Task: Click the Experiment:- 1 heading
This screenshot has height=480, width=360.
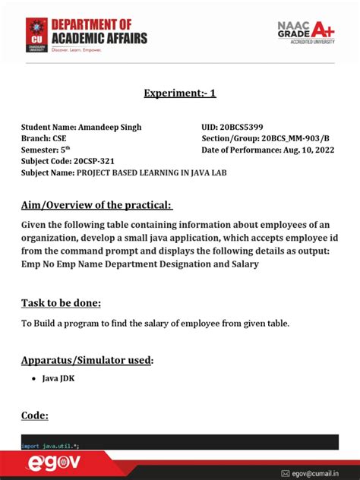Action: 180,93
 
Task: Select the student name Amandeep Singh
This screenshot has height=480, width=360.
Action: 109,127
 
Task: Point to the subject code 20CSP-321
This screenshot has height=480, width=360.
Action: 102,162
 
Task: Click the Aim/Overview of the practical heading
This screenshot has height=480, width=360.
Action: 97,206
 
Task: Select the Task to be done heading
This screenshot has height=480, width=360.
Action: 62,303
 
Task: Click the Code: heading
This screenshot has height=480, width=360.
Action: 35,415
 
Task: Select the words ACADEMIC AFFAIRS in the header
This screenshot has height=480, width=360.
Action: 99,39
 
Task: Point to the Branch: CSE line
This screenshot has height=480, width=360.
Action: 43,139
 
